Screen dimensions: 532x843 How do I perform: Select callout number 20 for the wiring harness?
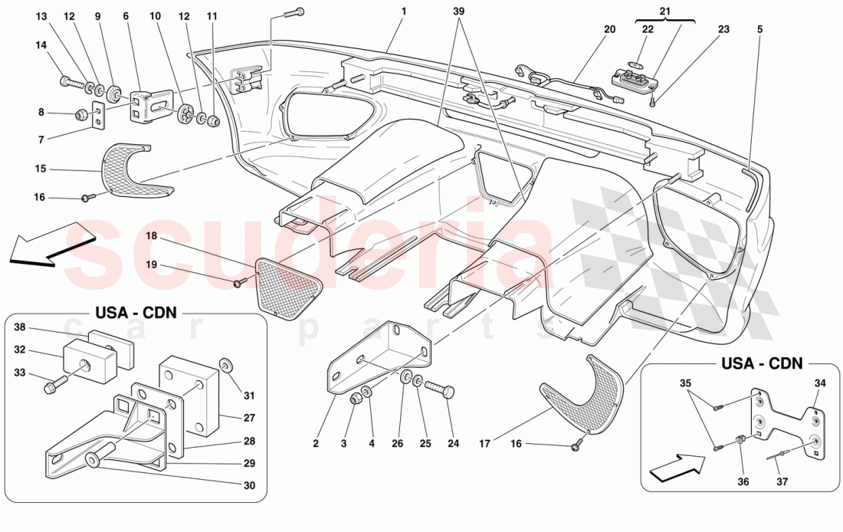point(609,30)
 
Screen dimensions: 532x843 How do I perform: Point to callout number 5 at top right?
point(759,30)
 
